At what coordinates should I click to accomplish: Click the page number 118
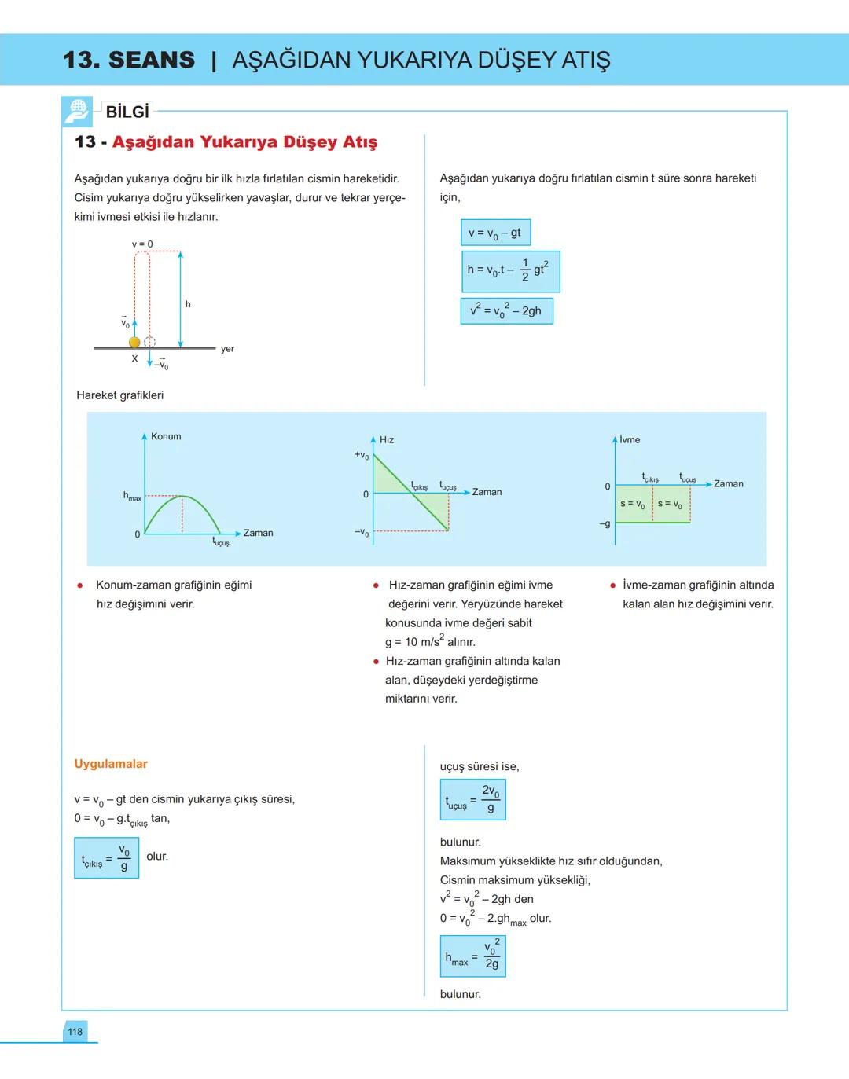pyautogui.click(x=75, y=1032)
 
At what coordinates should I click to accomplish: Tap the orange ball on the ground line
pyautogui.click(x=134, y=343)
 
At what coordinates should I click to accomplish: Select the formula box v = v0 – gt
pyautogui.click(x=495, y=233)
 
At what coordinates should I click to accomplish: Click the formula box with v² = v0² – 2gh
pyautogui.click(x=506, y=310)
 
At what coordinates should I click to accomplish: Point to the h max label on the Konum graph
pyautogui.click(x=132, y=496)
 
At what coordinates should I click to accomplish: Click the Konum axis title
pyautogui.click(x=166, y=436)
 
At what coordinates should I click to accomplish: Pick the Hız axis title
pyautogui.click(x=387, y=439)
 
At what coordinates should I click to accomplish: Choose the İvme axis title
pyautogui.click(x=630, y=439)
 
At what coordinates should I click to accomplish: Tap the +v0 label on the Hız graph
pyautogui.click(x=362, y=455)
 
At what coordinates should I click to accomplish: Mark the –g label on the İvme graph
pyautogui.click(x=605, y=523)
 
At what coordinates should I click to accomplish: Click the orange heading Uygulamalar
pyautogui.click(x=111, y=764)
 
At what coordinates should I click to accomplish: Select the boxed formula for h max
pyautogui.click(x=472, y=956)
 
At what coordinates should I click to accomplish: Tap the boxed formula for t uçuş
pyautogui.click(x=472, y=799)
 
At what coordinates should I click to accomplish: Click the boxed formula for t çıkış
pyautogui.click(x=106, y=857)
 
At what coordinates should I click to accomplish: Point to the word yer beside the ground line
pyautogui.click(x=227, y=349)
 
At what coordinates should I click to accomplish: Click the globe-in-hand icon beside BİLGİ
pyautogui.click(x=77, y=112)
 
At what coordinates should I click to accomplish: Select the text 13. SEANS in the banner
pyautogui.click(x=129, y=60)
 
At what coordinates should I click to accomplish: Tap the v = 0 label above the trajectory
pyautogui.click(x=142, y=244)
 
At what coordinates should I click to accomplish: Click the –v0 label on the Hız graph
pyautogui.click(x=362, y=533)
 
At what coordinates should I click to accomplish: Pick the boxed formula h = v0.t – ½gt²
pyautogui.click(x=510, y=270)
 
